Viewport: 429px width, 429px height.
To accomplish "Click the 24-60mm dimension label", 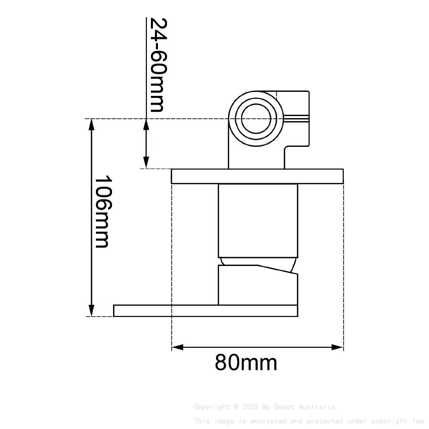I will (157, 65).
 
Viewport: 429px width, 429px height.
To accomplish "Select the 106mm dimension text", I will (102, 211).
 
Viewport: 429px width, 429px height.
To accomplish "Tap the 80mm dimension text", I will (246, 362).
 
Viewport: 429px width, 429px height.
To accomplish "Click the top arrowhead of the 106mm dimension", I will (91, 124).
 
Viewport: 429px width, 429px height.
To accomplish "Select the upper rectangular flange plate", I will (257, 176).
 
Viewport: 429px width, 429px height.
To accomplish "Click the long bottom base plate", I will (206, 311).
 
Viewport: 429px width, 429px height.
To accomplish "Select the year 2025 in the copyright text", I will (247, 407).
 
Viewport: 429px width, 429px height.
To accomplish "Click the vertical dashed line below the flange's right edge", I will (343, 262).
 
